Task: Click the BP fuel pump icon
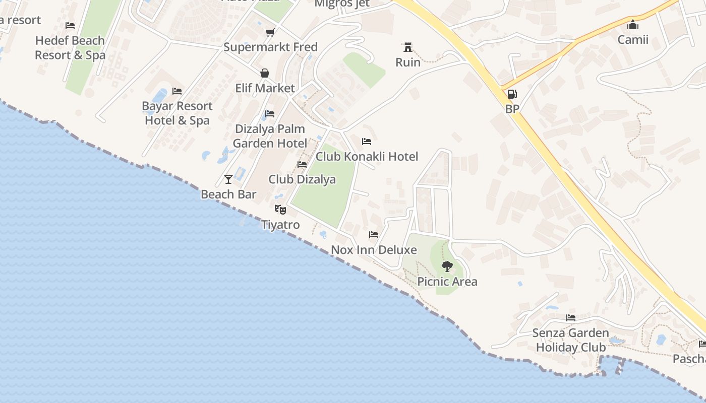pos(511,94)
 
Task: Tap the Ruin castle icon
pos(407,47)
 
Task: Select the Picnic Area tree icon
pos(447,266)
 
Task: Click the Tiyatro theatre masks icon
pos(280,209)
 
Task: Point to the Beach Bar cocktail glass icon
pos(228,179)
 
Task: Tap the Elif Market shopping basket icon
pos(265,73)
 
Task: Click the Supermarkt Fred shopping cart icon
pos(270,32)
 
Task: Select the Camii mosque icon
pos(633,25)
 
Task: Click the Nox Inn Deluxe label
pos(374,250)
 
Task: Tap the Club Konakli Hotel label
pos(367,157)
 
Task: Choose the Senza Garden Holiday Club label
pos(571,340)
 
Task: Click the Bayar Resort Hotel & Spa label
pos(177,113)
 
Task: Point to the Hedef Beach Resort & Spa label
pos(70,48)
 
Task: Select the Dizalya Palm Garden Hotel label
pos(270,136)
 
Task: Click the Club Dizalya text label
pos(302,179)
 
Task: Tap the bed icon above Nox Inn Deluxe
pos(374,234)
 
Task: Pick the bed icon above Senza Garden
pos(571,317)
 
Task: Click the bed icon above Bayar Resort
pos(177,91)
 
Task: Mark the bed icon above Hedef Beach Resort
pos(70,25)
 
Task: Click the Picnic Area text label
pos(447,282)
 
